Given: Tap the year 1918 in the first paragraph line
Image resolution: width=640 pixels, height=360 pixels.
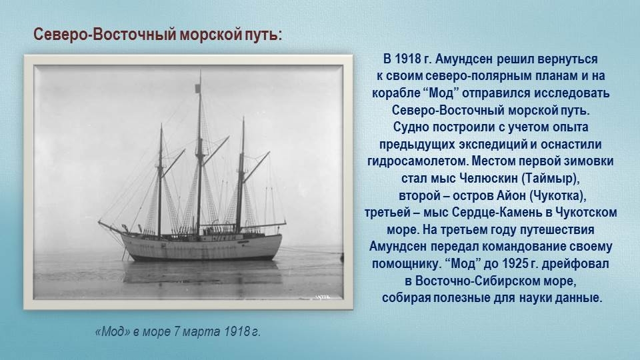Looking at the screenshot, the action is [408, 59].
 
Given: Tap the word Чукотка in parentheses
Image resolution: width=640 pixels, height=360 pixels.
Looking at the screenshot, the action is [557, 196].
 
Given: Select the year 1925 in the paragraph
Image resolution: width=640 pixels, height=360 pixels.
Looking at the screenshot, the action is [515, 264].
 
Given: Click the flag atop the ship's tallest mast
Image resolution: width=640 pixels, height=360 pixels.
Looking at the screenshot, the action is [197, 88].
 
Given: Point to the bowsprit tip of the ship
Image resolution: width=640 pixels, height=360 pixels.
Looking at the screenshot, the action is [99, 221].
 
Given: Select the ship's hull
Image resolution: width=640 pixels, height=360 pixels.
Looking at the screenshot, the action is [202, 247].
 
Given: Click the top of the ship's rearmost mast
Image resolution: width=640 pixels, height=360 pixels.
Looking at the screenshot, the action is [243, 119].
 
